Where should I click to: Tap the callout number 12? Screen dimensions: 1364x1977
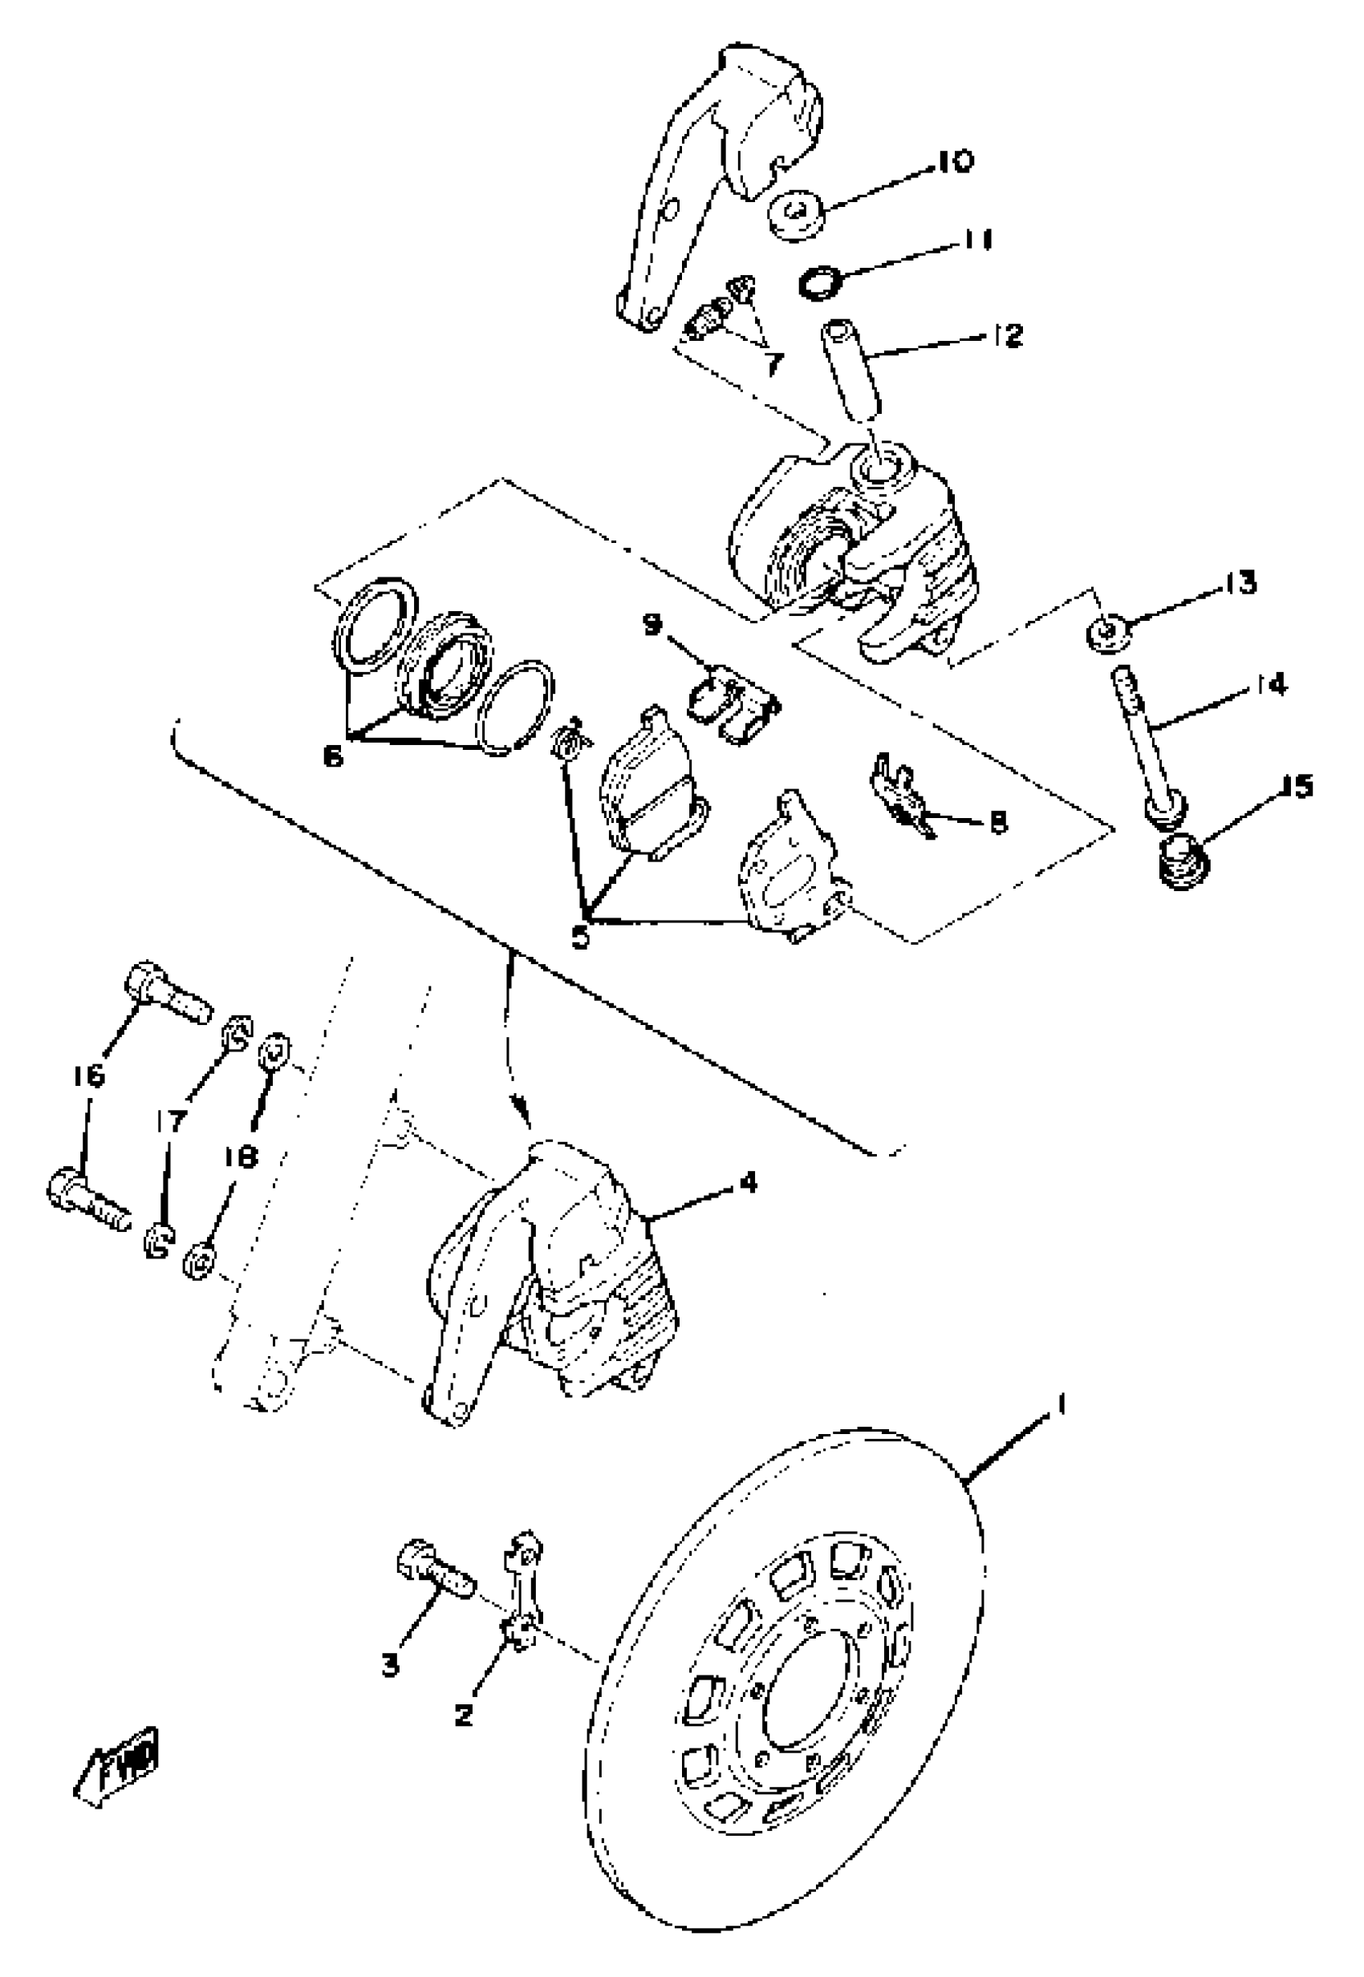click(1008, 335)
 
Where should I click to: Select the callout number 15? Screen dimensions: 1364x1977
click(1297, 786)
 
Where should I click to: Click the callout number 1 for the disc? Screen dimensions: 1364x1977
click(1061, 1404)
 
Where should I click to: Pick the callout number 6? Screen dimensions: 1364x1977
click(333, 756)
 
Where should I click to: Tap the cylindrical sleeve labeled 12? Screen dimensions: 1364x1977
click(850, 369)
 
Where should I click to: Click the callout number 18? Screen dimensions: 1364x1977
click(242, 1157)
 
